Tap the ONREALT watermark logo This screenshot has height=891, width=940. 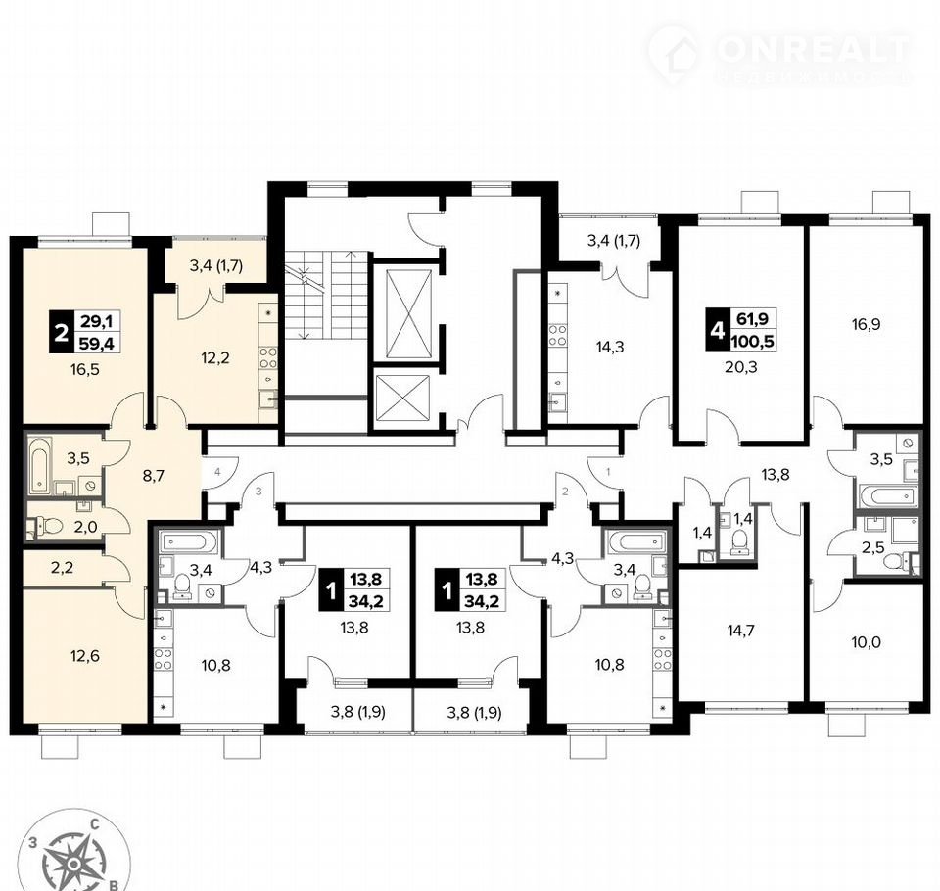pyautogui.click(x=780, y=55)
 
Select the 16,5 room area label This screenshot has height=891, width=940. pyautogui.click(x=84, y=370)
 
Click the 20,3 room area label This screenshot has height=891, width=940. pyautogui.click(x=741, y=366)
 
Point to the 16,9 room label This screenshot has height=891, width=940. pyautogui.click(x=867, y=325)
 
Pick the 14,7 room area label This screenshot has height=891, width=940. pyautogui.click(x=740, y=631)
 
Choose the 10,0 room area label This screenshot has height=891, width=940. pyautogui.click(x=867, y=642)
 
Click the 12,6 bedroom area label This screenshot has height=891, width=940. pyautogui.click(x=84, y=656)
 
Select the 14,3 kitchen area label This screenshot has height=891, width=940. pyautogui.click(x=610, y=347)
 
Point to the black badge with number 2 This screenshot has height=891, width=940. pyautogui.click(x=60, y=332)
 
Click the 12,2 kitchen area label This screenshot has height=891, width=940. pyautogui.click(x=214, y=358)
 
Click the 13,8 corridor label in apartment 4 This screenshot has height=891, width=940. pyautogui.click(x=775, y=475)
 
